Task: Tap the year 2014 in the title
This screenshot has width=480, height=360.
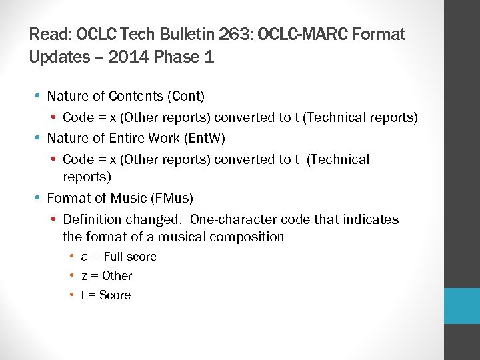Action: tap(125, 57)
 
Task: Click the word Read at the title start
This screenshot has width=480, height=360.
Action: tap(51, 34)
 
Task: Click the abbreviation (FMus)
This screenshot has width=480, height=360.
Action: tap(172, 198)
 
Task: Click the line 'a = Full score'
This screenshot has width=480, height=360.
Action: tap(119, 257)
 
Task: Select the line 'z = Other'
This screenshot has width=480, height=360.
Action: tap(107, 276)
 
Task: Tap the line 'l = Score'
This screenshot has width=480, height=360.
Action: tap(106, 295)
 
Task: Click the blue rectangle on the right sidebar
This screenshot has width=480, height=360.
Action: tap(462, 306)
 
